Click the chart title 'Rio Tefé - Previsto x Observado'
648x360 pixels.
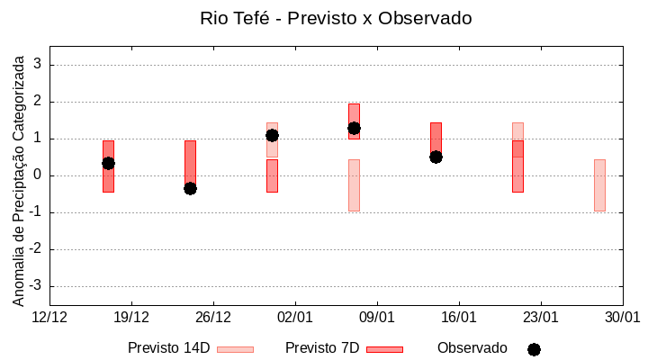tap(336, 18)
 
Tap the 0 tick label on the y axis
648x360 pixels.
tap(38, 175)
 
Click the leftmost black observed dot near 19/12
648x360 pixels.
tap(108, 163)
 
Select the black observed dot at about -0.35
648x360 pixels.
tap(190, 188)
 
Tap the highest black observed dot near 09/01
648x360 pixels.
tap(354, 128)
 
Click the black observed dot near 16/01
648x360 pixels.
tap(436, 157)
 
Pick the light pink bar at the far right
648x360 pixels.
tap(599, 184)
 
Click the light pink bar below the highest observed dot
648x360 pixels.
tap(354, 184)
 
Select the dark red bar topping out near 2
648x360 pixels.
tap(354, 112)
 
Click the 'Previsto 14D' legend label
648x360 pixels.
tap(168, 348)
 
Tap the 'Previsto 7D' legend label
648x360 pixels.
tap(322, 348)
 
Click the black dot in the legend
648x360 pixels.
tap(534, 349)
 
